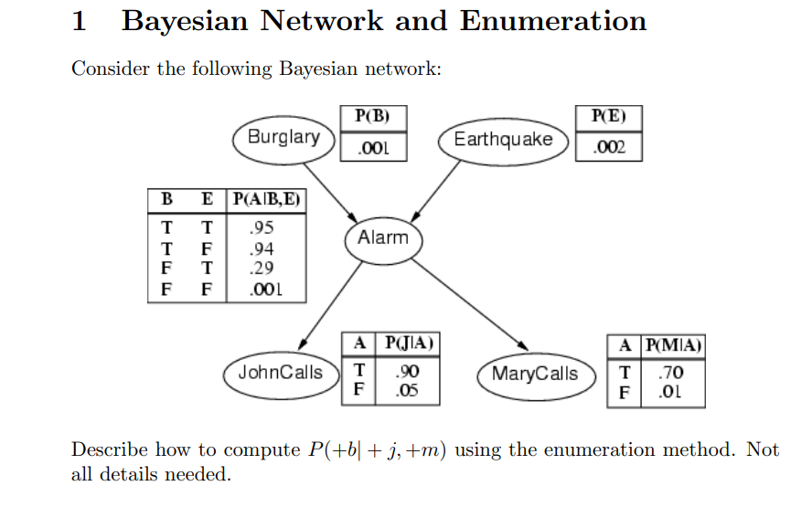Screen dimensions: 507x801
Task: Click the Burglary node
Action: coord(283,137)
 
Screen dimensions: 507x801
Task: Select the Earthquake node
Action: coord(503,140)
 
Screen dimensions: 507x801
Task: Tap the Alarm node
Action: coord(383,238)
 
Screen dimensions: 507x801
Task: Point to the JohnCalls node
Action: coord(280,373)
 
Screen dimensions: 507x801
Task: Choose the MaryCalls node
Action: coord(535,374)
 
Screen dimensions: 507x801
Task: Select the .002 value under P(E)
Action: coord(609,147)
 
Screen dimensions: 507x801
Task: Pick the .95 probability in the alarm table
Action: coord(262,227)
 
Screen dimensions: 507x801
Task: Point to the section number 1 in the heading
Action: coord(80,20)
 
